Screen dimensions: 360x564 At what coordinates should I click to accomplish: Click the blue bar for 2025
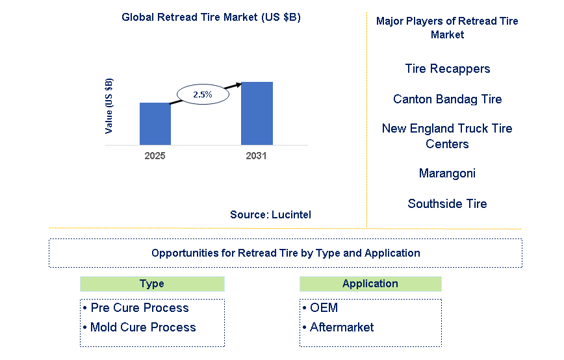click(x=155, y=123)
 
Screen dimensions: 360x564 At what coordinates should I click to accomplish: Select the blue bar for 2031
click(x=257, y=114)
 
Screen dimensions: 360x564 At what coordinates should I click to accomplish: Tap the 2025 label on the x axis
click(x=155, y=156)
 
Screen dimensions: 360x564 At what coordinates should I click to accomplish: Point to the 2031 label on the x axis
click(x=256, y=156)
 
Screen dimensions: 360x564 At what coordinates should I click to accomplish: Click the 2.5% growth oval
click(x=202, y=94)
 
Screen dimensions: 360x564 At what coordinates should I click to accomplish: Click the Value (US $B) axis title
click(x=109, y=106)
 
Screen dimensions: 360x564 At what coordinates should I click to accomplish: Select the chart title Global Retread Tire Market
click(x=211, y=18)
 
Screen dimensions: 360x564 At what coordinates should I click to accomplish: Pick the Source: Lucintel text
click(x=270, y=214)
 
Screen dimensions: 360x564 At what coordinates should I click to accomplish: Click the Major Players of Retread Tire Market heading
click(x=447, y=28)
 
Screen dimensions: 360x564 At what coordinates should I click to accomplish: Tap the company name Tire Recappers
click(x=447, y=69)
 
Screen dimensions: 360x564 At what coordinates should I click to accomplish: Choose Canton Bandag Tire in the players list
click(x=447, y=99)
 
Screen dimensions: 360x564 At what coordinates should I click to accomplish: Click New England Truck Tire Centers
click(x=447, y=136)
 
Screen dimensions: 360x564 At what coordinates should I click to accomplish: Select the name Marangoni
click(x=447, y=174)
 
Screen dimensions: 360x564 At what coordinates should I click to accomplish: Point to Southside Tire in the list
click(x=447, y=204)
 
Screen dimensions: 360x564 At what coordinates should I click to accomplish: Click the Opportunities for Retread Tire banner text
click(x=285, y=253)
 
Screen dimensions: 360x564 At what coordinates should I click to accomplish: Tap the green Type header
click(x=152, y=284)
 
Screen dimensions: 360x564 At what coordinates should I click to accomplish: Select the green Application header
click(x=370, y=284)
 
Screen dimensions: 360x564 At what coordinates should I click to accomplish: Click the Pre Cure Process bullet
click(x=140, y=308)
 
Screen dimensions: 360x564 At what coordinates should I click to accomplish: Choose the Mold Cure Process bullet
click(x=143, y=328)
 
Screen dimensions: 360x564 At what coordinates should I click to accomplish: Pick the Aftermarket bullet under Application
click(x=342, y=328)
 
